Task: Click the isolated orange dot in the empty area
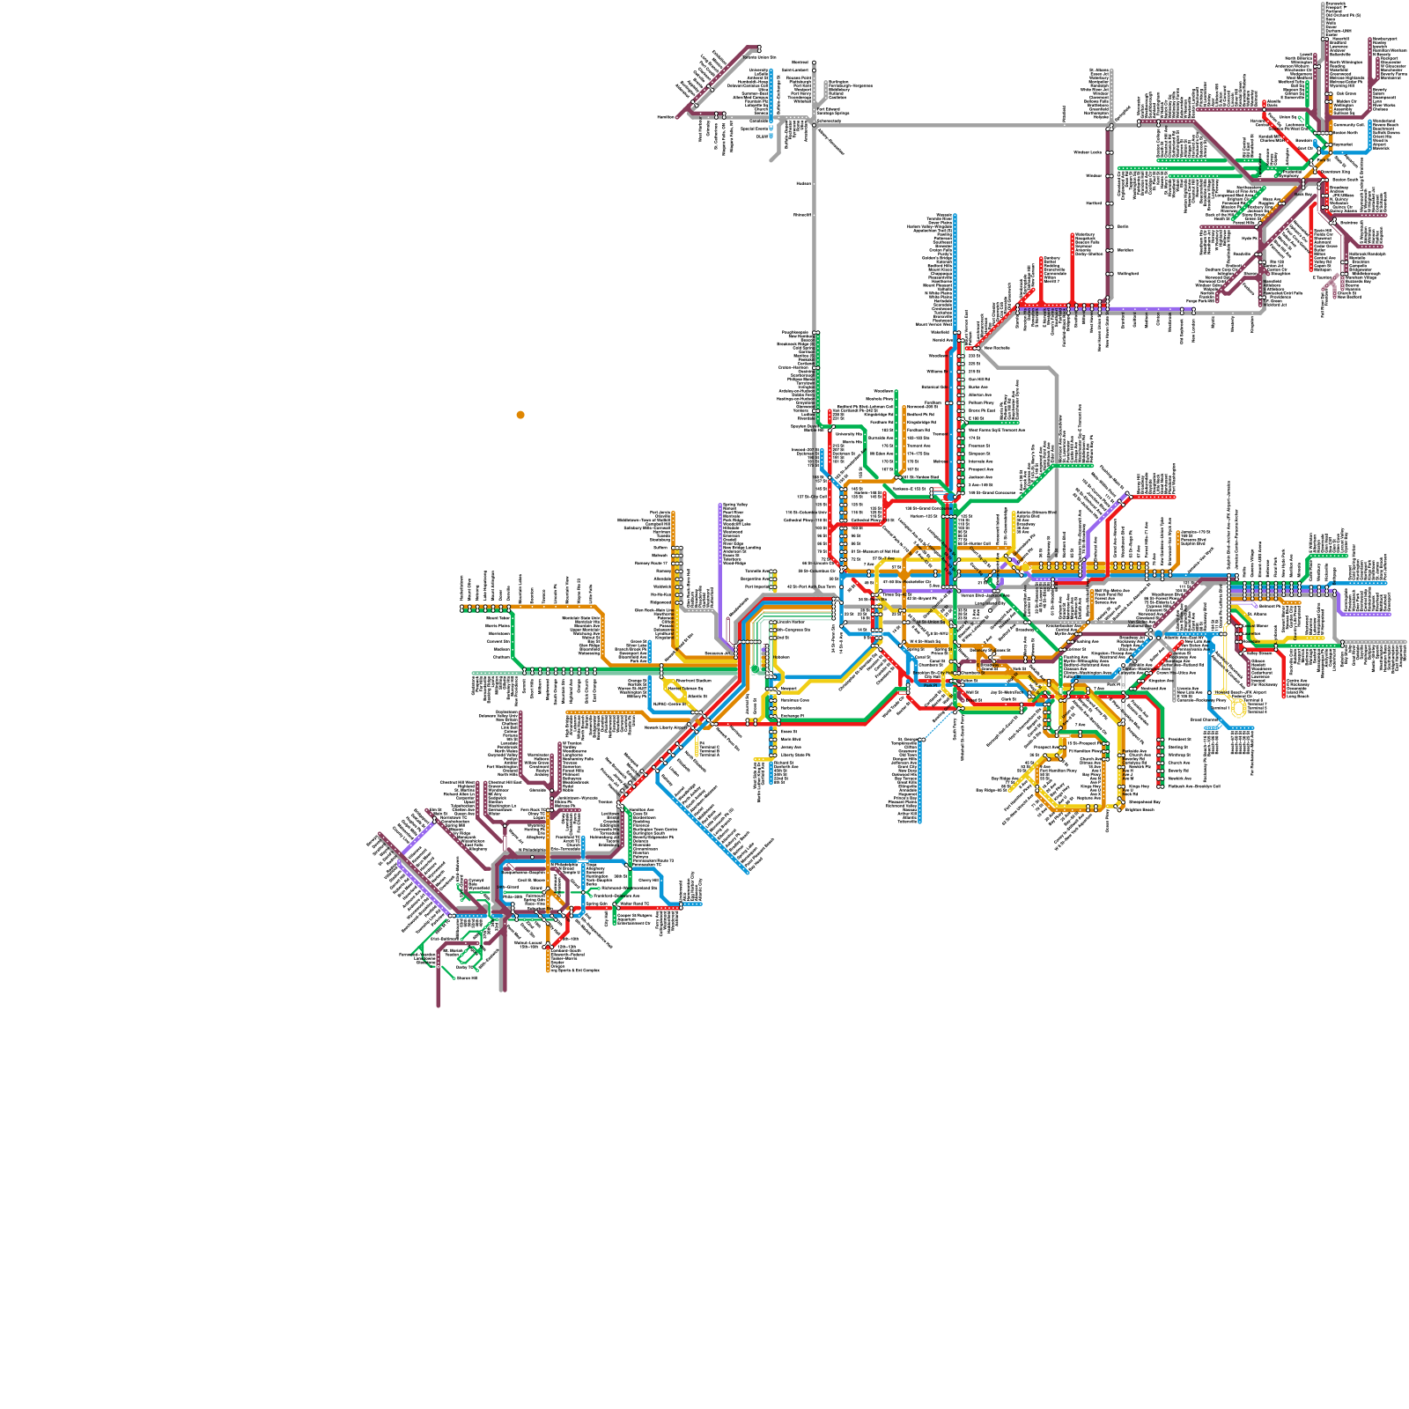point(520,415)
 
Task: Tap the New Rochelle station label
point(997,348)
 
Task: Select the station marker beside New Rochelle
point(977,348)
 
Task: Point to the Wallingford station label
point(1128,274)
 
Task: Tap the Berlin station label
point(1123,226)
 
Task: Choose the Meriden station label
point(1125,250)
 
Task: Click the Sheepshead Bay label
point(1143,802)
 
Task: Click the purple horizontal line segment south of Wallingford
point(1145,310)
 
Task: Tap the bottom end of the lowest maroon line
point(438,1004)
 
